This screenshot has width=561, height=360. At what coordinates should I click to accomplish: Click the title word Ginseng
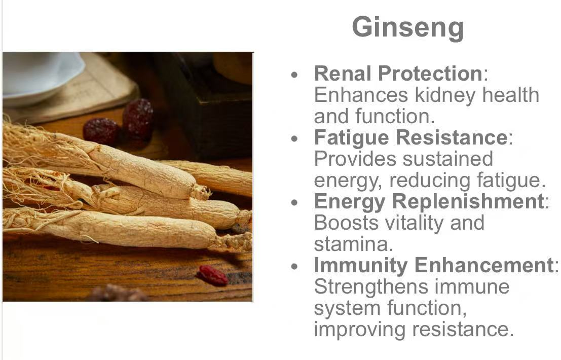pos(408,28)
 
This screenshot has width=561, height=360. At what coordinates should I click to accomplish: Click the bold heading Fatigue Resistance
pos(410,137)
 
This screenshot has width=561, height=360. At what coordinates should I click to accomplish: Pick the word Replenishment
pos(468,202)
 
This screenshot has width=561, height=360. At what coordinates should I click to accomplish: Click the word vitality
pos(415,224)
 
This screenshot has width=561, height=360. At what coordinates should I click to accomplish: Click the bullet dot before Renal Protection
pos(294,75)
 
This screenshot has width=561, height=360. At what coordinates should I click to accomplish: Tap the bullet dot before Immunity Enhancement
pos(294,267)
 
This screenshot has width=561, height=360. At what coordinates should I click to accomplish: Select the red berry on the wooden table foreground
pos(213,275)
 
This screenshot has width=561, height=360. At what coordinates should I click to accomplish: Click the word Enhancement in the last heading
pos(484,266)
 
